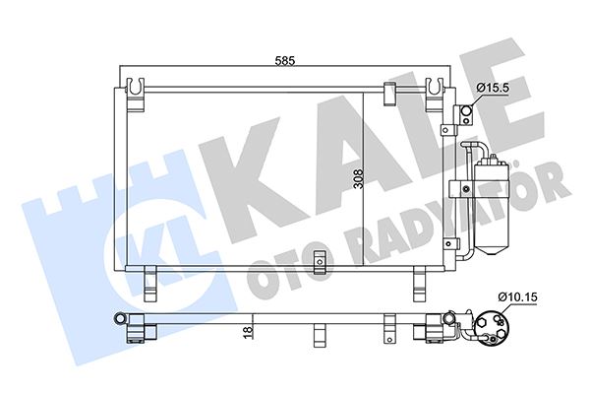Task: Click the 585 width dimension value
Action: tap(285, 60)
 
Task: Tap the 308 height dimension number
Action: tap(359, 179)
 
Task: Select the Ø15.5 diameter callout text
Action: tap(493, 88)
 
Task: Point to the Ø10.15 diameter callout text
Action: tap(517, 297)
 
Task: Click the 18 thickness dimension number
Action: tap(249, 332)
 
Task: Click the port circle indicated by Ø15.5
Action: tap(466, 111)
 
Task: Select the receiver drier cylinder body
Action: tap(492, 206)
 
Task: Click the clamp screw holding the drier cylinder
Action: tap(466, 188)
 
